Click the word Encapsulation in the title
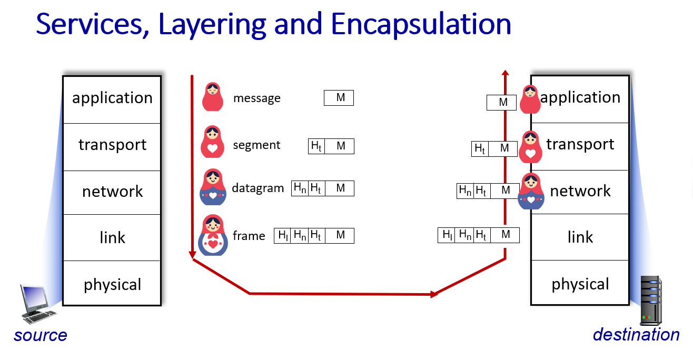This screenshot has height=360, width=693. click(421, 25)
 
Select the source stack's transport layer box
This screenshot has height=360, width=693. click(112, 147)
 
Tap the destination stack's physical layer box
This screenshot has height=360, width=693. click(580, 283)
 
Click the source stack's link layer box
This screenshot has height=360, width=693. click(112, 237)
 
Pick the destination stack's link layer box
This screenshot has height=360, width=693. click(580, 237)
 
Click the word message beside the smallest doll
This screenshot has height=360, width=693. click(257, 98)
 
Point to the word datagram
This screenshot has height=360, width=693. click(258, 188)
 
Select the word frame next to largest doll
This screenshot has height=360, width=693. click(249, 236)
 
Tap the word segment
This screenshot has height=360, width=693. click(256, 145)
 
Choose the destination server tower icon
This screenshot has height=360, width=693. click(651, 301)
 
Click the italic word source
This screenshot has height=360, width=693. click(41, 335)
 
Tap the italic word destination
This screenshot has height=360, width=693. click(636, 335)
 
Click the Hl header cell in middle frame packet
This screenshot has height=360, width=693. click(282, 236)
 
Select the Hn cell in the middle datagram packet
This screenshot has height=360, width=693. click(300, 188)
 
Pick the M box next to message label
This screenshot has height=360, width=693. click(339, 98)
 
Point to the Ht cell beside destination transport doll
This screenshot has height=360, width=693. click(480, 149)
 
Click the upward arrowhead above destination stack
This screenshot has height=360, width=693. click(505, 73)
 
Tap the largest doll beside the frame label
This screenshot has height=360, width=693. click(213, 235)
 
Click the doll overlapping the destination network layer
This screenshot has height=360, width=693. click(531, 191)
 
